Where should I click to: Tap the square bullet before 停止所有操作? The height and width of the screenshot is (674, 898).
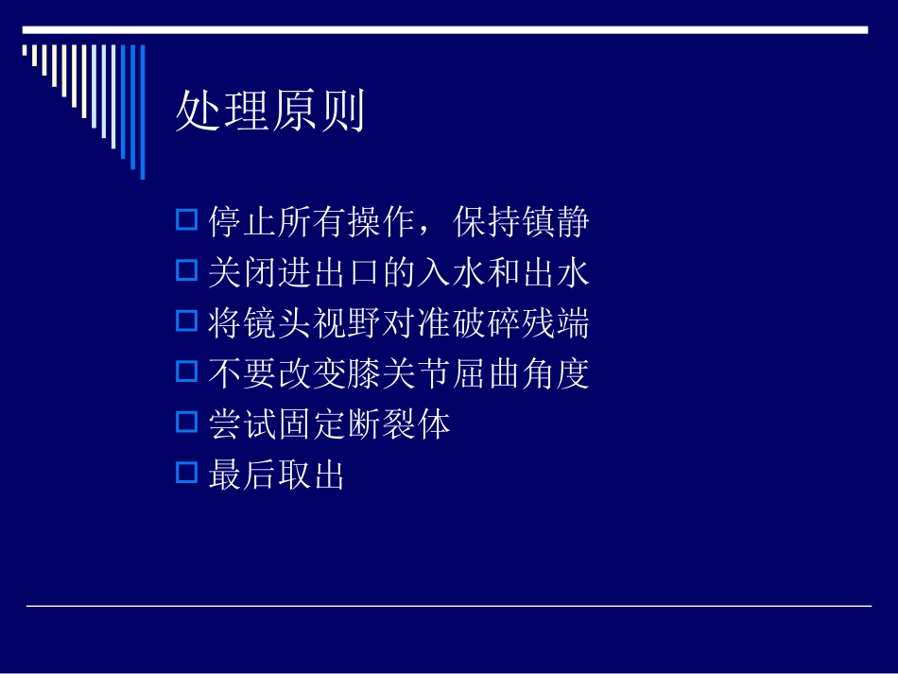pyautogui.click(x=186, y=222)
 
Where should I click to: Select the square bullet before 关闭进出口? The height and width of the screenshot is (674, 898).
pyautogui.click(x=186, y=272)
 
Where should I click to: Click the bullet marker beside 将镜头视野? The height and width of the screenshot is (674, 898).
pyautogui.click(x=186, y=322)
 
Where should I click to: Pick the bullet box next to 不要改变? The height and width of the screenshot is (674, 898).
pyautogui.click(x=186, y=372)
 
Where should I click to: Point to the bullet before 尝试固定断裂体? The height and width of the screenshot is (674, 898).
pyautogui.click(x=186, y=423)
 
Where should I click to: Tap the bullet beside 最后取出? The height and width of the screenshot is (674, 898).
pyautogui.click(x=186, y=473)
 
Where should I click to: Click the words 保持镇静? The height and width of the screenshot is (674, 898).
pyautogui.click(x=521, y=224)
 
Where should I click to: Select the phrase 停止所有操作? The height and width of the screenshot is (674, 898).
pyautogui.click(x=312, y=224)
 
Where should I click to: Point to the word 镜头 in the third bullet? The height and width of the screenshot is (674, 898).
pyautogui.click(x=260, y=324)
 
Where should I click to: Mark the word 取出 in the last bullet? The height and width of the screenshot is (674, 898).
pyautogui.click(x=312, y=475)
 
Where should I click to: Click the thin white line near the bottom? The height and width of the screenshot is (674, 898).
pyautogui.click(x=448, y=606)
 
